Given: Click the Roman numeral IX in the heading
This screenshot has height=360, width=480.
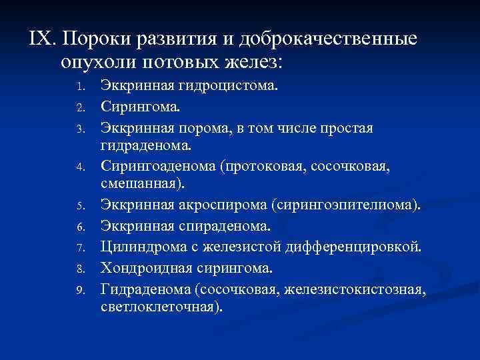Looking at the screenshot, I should [x=41, y=39].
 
